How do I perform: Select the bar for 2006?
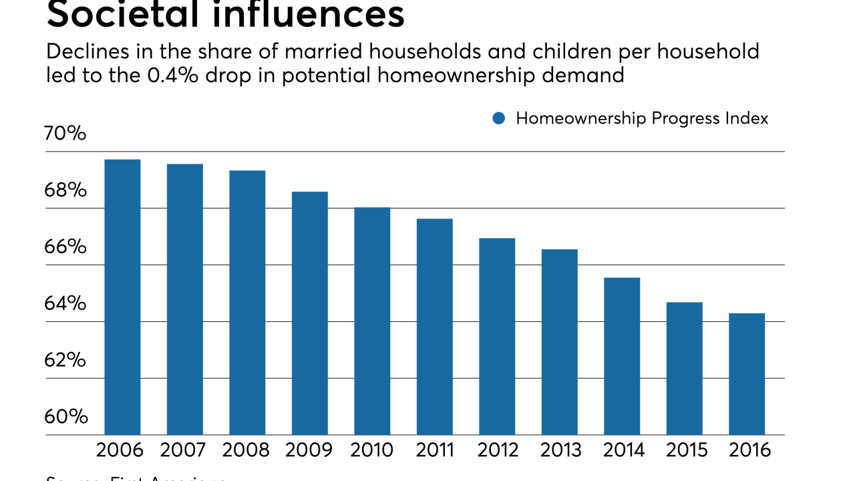pos(122,297)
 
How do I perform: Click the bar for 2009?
pos(310,313)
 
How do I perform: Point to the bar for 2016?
pos(747,374)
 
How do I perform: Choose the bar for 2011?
pos(434,327)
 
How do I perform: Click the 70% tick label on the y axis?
pos(65,134)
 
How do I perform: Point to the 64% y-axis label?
pos(65,304)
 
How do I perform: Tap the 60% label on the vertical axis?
pos(65,417)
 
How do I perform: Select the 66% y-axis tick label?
pos(65,247)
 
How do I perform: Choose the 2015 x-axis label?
pos(686,450)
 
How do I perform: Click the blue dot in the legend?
pos(498,118)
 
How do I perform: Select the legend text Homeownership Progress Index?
pos(642,118)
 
